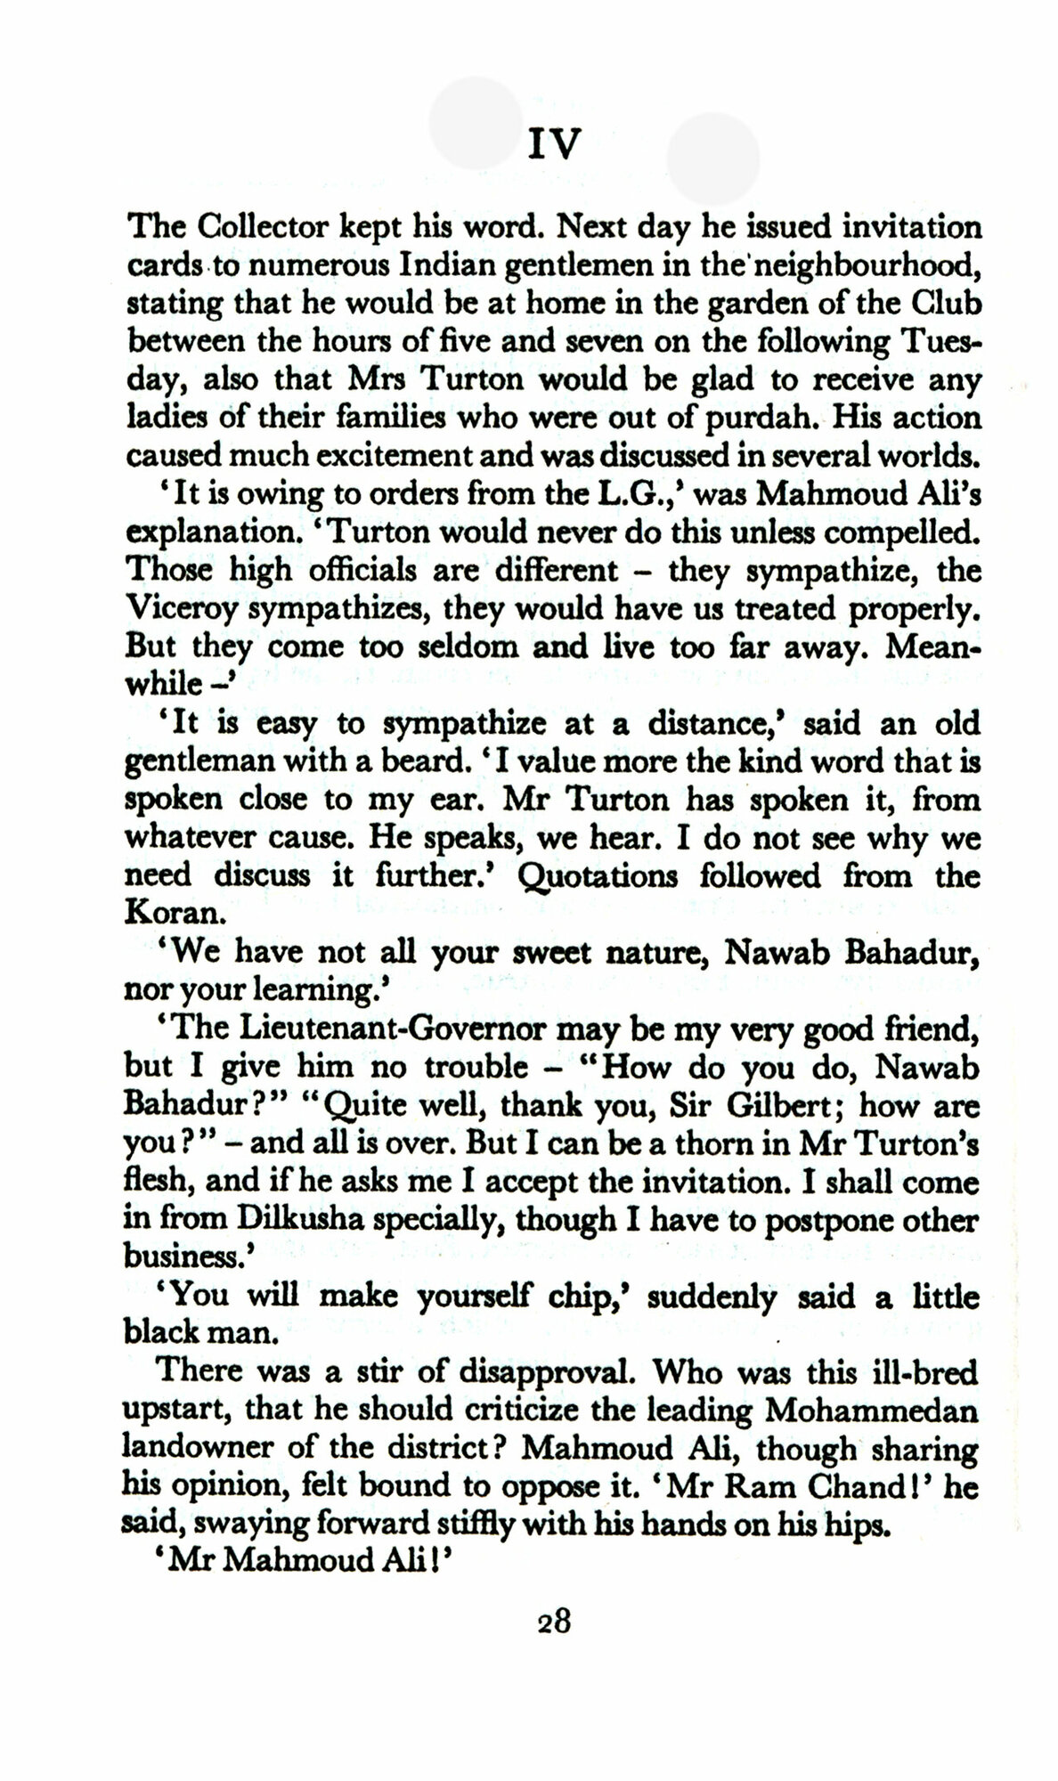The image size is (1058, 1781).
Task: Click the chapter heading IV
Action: pos(553,143)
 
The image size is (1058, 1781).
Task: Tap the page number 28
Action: pos(553,1620)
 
